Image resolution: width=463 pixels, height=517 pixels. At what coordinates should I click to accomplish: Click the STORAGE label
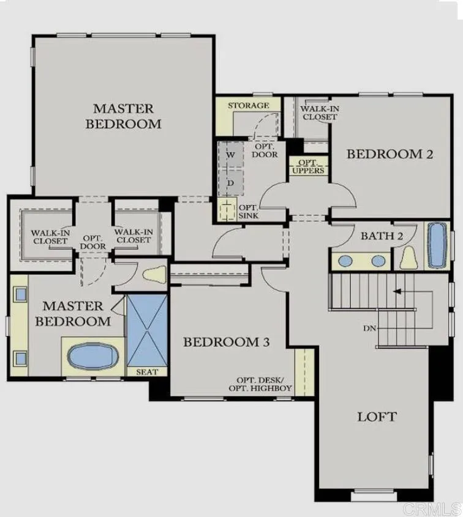click(x=249, y=106)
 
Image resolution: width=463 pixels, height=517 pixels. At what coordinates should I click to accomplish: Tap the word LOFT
click(x=377, y=417)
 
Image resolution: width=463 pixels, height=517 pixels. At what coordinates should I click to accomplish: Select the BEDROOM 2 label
click(x=390, y=154)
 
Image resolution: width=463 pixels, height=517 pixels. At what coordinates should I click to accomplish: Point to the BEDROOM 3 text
click(x=227, y=342)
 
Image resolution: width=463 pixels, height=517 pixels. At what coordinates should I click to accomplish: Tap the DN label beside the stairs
click(x=369, y=329)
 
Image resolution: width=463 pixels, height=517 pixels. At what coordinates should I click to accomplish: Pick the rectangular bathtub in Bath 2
click(x=437, y=245)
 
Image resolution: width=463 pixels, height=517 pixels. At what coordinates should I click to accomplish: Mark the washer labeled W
click(x=231, y=155)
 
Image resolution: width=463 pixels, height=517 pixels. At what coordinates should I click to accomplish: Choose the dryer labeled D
click(x=231, y=182)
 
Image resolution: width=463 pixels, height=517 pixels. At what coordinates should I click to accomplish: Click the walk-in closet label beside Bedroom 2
click(x=319, y=113)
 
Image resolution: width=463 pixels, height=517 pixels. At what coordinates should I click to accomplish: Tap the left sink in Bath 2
click(x=345, y=261)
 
